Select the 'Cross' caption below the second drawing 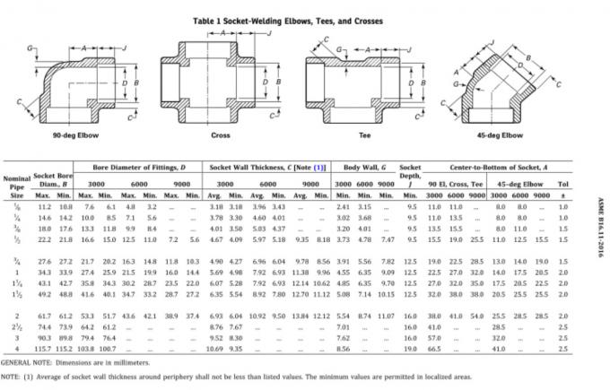[220, 134]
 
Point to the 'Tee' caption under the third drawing [364, 134]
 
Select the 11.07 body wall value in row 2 [386, 317]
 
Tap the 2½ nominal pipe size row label [16, 327]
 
